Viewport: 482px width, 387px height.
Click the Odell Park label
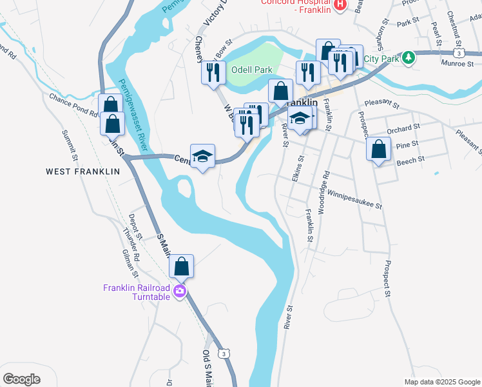[x=253, y=70]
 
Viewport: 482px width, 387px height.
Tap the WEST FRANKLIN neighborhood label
[x=82, y=172]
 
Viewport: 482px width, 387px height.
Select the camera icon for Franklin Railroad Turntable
[x=180, y=292]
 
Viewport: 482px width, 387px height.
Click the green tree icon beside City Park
[x=407, y=59]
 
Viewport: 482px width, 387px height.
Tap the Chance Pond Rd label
[x=73, y=105]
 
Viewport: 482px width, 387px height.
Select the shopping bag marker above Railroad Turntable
[x=182, y=265]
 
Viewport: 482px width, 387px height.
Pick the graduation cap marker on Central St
[x=202, y=155]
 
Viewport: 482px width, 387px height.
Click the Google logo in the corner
[x=22, y=379]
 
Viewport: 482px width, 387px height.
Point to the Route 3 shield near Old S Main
[x=223, y=353]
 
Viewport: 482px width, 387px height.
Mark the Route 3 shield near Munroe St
[x=458, y=51]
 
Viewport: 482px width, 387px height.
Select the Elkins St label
[x=296, y=169]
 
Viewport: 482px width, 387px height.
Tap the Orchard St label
[x=403, y=128]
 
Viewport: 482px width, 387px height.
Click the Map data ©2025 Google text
[x=441, y=381]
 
